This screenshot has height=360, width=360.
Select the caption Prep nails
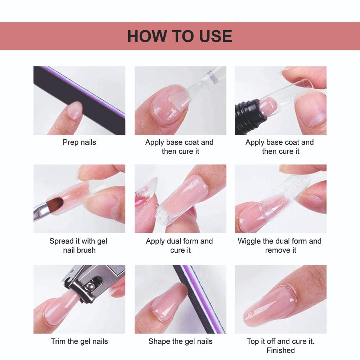click(x=79, y=142)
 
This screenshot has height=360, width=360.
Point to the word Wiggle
click(x=249, y=241)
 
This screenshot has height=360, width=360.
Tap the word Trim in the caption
click(x=59, y=341)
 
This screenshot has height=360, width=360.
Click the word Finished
click(x=280, y=350)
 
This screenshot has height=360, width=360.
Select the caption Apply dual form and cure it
click(x=180, y=246)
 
